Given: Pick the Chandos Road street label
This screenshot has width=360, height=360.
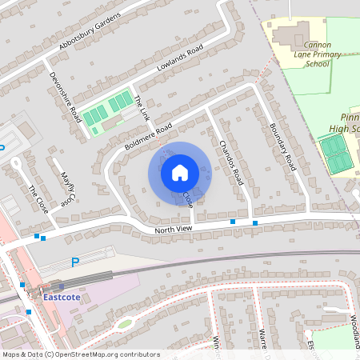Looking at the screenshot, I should coord(230,163).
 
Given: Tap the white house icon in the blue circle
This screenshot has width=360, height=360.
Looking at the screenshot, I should coord(180,173).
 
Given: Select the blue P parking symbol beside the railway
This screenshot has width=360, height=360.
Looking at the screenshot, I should coord(76,262).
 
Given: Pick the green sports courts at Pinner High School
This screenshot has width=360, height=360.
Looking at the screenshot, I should coord(334,154).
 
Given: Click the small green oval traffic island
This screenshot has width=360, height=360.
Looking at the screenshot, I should coord(123,324).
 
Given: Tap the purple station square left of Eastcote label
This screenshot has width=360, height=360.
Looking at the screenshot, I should coord(61,286).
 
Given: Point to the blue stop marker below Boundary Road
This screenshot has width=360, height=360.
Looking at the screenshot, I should coord(254,222).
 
